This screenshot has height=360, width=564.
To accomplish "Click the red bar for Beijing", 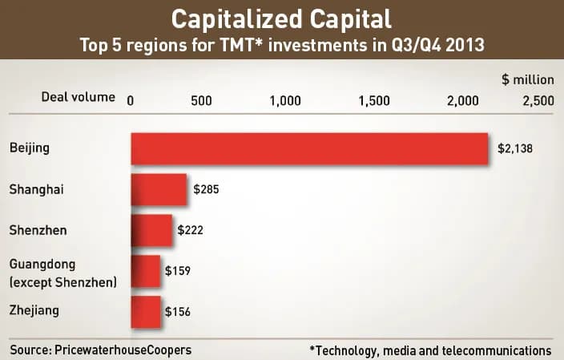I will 309,149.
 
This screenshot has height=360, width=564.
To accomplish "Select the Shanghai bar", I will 158,191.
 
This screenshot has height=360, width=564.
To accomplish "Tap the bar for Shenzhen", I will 151,230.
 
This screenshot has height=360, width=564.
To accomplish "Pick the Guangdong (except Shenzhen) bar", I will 145,271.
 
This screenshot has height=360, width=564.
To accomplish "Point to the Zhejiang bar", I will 145,312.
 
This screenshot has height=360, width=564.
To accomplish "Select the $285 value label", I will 206,191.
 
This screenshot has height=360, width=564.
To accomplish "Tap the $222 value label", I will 190,230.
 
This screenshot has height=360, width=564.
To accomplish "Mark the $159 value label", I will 177,271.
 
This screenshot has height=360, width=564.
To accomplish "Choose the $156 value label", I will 177,312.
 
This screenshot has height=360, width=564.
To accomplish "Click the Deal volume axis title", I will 79,98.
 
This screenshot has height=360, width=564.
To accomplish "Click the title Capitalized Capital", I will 282,18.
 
